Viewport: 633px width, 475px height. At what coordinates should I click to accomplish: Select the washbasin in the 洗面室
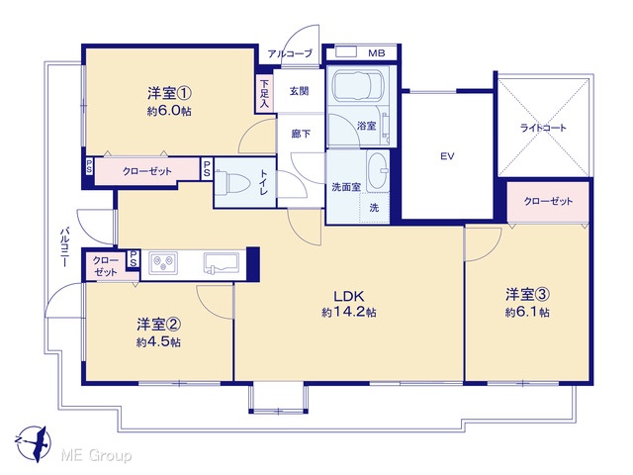click(x=378, y=171)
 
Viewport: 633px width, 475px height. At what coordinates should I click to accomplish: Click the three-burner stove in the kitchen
click(x=163, y=263)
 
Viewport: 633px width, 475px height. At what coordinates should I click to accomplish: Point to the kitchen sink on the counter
click(x=222, y=263)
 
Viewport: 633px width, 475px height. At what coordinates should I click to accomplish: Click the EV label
click(x=447, y=156)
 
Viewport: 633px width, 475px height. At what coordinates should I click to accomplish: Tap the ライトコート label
click(x=543, y=128)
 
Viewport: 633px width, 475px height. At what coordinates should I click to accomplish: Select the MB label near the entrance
click(x=377, y=52)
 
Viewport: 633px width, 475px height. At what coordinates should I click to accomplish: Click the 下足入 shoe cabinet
click(x=264, y=94)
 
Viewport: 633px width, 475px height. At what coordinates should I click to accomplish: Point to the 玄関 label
click(x=299, y=91)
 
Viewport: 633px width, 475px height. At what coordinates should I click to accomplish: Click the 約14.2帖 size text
click(x=349, y=313)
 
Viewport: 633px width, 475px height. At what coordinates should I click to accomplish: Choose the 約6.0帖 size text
click(x=169, y=111)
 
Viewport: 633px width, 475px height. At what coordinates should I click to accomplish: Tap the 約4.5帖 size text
click(x=158, y=342)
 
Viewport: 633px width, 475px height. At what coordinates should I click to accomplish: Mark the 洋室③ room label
click(x=527, y=295)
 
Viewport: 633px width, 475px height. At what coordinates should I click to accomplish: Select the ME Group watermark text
click(x=96, y=456)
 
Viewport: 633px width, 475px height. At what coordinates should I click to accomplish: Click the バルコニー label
click(x=63, y=247)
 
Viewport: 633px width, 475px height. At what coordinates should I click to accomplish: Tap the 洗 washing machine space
click(x=374, y=208)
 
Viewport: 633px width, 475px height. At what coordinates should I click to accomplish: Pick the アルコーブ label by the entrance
click(x=290, y=53)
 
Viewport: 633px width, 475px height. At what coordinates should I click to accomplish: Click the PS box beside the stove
click(x=133, y=258)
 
